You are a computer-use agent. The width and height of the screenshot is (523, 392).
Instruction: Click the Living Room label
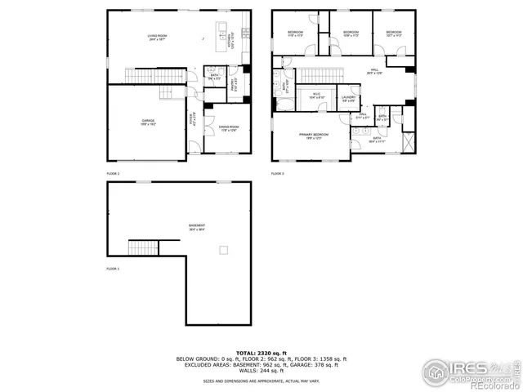[x=157, y=38]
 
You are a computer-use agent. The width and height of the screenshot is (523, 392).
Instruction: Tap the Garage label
[x=148, y=122]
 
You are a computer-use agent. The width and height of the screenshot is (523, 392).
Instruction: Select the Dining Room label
[x=229, y=128]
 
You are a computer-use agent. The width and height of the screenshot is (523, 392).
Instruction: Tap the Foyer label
[x=193, y=118]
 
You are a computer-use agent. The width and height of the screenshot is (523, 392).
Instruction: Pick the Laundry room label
[x=348, y=99]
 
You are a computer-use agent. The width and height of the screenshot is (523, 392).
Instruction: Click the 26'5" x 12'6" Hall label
[x=374, y=72]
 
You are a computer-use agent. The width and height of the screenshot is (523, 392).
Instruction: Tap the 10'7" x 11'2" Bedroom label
[x=394, y=34]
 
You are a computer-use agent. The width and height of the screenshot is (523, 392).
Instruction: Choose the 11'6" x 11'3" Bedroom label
[x=295, y=34]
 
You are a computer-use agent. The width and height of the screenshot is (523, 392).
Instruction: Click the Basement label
[x=197, y=228]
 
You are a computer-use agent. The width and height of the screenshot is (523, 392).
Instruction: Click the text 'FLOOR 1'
[x=113, y=269]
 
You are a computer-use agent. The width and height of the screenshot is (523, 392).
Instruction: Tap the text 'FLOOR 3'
[x=278, y=174]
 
